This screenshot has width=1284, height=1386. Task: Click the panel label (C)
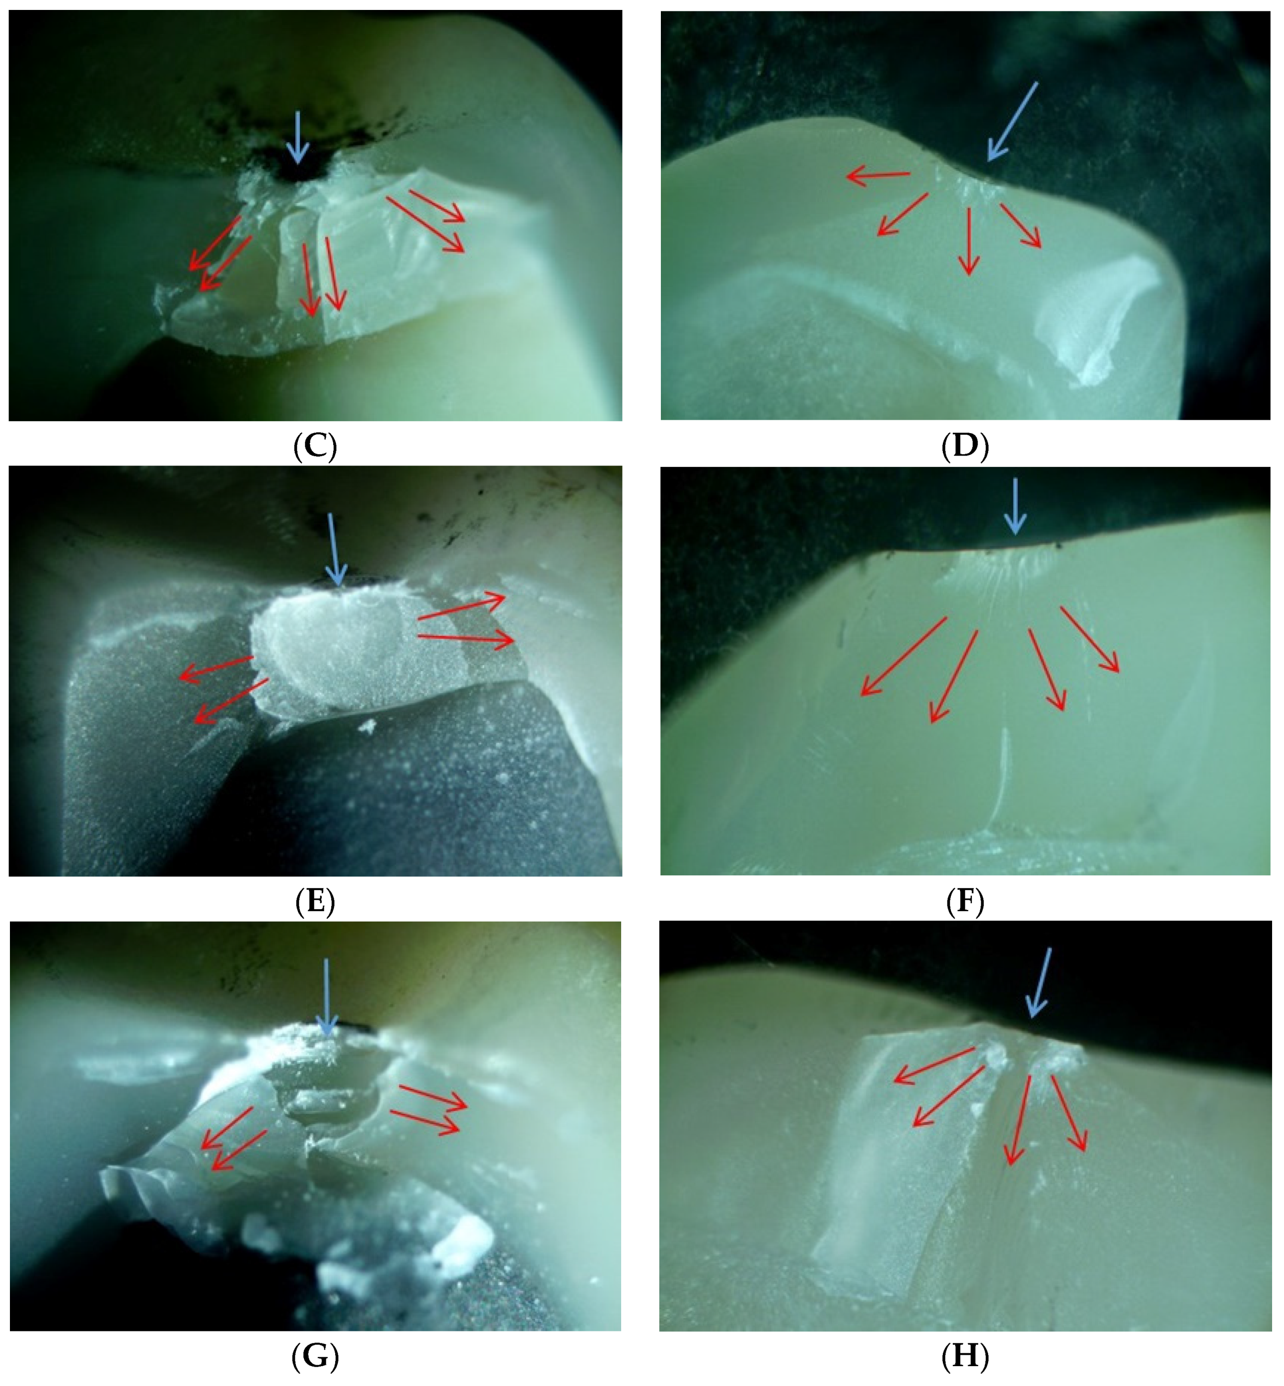pyautogui.click(x=315, y=446)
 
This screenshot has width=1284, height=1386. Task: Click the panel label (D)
pyautogui.click(x=965, y=446)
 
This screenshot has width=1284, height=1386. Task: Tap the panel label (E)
pyautogui.click(x=315, y=902)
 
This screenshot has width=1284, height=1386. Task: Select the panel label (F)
pyautogui.click(x=965, y=902)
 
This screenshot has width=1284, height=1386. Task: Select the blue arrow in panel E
pyautogui.click(x=334, y=549)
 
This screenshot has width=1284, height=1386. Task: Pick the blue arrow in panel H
pyautogui.click(x=1039, y=982)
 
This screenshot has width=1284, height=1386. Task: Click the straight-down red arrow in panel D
pyautogui.click(x=969, y=241)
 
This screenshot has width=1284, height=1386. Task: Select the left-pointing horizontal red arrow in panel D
pyautogui.click(x=878, y=176)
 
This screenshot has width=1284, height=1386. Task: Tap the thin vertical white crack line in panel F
pyautogui.click(x=1000, y=780)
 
